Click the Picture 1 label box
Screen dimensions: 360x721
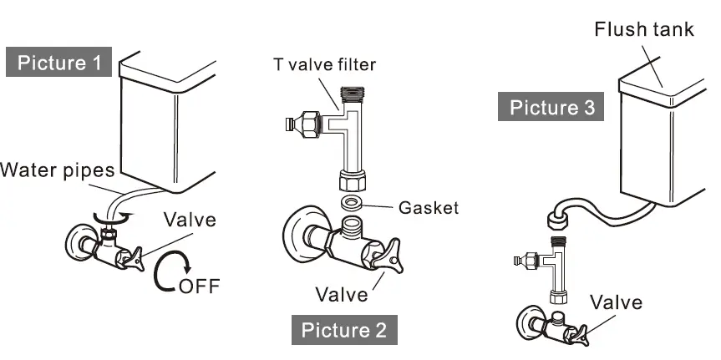point(59,63)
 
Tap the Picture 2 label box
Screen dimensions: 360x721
point(343,329)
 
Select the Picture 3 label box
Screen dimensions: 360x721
point(556,107)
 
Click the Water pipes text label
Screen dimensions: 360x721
point(57,171)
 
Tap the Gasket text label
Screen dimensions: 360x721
point(429,208)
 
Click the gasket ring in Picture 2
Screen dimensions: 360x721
point(353,203)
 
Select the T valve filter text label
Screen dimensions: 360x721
point(323,63)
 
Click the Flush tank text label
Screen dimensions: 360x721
point(643,29)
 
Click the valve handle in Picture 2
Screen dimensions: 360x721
point(392,256)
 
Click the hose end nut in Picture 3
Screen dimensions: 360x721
point(556,221)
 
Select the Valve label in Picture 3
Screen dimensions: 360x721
point(615,302)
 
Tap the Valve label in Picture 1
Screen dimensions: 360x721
point(189,221)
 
